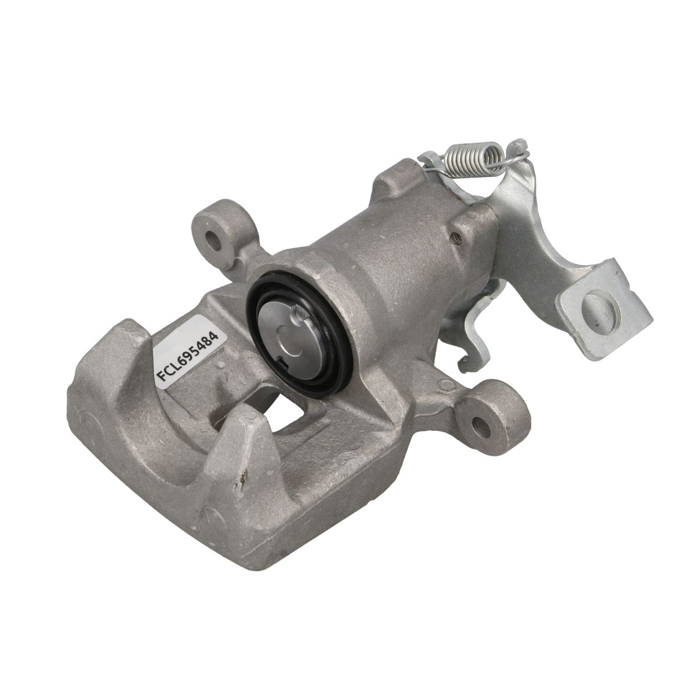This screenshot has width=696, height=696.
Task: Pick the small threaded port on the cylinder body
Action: [459, 237]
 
